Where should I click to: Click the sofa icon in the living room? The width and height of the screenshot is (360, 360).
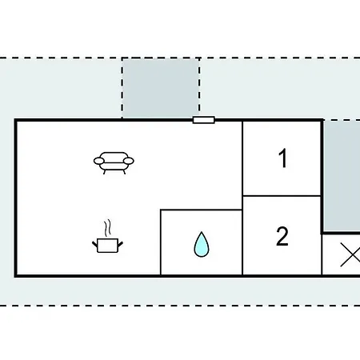114,163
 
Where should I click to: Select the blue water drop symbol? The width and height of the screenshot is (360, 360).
202,244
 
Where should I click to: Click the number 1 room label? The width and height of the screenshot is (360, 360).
282,158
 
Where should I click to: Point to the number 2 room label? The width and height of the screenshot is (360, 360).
282,236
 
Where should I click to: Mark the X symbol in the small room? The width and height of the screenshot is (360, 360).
350,254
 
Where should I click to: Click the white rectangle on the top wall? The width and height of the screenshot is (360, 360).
204,120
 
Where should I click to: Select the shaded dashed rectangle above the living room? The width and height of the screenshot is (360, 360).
161,88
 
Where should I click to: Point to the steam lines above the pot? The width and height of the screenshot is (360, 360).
107,228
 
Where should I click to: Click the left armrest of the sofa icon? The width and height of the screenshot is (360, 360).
99,161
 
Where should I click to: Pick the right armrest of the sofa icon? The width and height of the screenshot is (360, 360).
129,161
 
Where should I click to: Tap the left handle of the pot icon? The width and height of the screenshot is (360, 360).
95,244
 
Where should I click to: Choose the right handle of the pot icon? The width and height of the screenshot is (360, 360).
120,244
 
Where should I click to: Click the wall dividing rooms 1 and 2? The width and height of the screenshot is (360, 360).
282,196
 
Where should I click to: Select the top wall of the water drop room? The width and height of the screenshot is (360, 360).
202,210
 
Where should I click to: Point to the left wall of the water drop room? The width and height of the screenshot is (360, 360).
161,242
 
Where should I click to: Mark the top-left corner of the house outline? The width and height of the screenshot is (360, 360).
15,120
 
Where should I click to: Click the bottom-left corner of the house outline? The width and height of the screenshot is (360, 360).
15,276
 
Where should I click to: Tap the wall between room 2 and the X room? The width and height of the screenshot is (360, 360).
322,254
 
